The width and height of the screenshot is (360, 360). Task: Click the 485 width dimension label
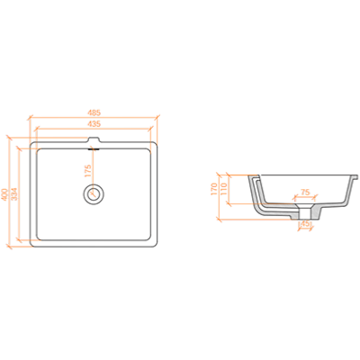pos(94,113)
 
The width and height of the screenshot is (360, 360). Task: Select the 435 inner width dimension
pos(94,123)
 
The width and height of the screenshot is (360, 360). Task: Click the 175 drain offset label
pos(88,170)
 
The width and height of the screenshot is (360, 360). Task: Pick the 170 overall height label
pos(213,189)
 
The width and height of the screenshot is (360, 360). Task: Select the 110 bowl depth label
pos(223,189)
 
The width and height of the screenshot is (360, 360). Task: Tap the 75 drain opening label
pos(305,193)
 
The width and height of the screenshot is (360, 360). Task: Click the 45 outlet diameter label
pos(305,223)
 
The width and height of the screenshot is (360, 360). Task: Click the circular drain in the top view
pos(94,193)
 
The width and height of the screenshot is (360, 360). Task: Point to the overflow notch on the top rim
pos(94,140)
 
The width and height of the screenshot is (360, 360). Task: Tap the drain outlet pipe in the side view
pos(305,213)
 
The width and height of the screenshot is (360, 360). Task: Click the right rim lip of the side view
pos(355,177)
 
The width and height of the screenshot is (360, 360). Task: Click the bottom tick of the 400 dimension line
pos(9,247)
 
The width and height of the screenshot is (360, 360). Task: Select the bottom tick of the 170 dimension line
pos(220,220)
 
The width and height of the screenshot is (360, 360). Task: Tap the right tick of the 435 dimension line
pos(150,129)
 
